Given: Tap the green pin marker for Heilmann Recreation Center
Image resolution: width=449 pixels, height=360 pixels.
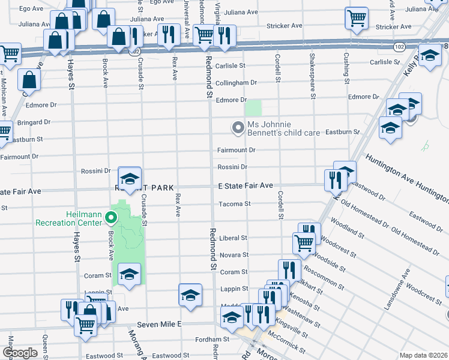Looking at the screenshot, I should (110, 217).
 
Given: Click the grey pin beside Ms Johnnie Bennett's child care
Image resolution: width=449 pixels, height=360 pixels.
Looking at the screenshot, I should (238, 127).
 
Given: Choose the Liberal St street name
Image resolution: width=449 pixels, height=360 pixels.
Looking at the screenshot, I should (234, 238).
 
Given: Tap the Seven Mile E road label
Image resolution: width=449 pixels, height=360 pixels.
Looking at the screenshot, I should (159, 324).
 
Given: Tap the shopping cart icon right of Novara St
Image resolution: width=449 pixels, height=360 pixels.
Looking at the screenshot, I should (304, 242).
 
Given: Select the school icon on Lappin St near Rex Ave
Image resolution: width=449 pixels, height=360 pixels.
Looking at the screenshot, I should (190, 295).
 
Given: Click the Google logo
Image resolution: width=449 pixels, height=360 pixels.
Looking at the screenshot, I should (20, 353).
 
